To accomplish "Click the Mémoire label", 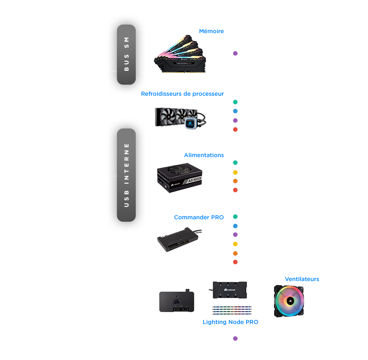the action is tap(211, 31).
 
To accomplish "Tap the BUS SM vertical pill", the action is tap(126, 54).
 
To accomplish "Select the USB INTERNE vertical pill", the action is tap(126, 175).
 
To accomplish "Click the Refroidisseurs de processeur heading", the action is tap(182, 94).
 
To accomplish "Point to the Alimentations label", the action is tap(204, 155).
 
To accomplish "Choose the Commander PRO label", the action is tap(199, 218).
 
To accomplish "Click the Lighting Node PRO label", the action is tap(231, 322).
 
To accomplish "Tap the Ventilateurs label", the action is tap(302, 279).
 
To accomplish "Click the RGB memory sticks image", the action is tap(180, 54).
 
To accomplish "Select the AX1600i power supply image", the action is tap(180, 178).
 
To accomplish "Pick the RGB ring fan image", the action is tap(289, 301).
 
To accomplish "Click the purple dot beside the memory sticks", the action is tap(235, 53).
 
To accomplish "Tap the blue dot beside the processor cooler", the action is tap(235, 111).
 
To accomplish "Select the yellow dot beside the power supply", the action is tap(235, 172).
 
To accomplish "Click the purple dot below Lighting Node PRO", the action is tap(235, 338).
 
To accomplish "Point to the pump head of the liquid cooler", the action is tap(191, 124).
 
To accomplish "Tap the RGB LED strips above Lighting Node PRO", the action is tap(232, 310).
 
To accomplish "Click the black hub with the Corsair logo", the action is tap(229, 290).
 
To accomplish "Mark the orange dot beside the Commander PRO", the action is tap(235, 253).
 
